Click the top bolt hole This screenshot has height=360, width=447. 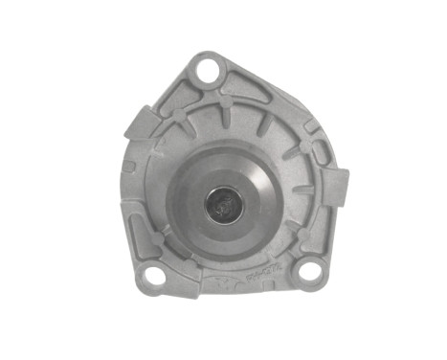point(207,70)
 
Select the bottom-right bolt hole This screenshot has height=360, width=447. point(308,272)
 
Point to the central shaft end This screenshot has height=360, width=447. point(223,203)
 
